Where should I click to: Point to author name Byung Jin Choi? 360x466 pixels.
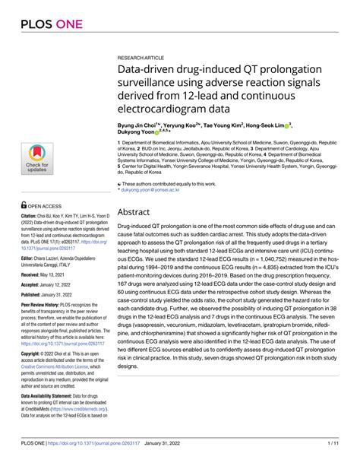click(x=139, y=122)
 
